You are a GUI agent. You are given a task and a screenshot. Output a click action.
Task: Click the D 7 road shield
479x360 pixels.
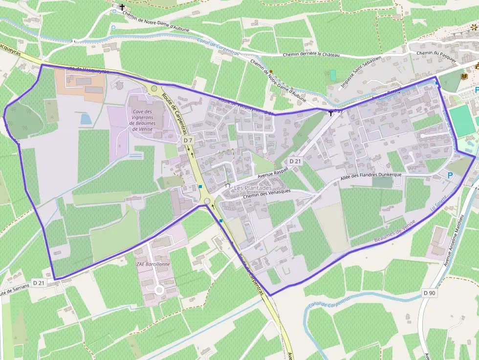(188, 141)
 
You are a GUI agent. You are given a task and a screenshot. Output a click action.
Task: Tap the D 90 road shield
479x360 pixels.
(429, 293)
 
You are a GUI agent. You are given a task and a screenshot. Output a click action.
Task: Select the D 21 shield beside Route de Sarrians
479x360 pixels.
(39, 283)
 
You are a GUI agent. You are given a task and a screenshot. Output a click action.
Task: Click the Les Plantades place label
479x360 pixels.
(253, 188)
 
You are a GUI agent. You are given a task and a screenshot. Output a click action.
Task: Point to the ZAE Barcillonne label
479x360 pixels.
(153, 264)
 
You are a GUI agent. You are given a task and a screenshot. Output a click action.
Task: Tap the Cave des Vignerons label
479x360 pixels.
(142, 118)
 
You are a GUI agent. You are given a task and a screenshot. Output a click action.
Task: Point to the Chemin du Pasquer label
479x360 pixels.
(436, 55)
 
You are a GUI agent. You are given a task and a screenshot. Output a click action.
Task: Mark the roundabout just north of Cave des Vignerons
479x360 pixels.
(154, 88)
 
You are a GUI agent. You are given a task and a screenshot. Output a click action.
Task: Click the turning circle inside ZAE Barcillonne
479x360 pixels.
(159, 290)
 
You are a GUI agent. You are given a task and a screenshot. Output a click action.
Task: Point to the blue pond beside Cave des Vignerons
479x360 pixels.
(86, 119)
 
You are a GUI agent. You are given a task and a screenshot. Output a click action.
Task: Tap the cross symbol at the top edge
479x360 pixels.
(122, 7)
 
